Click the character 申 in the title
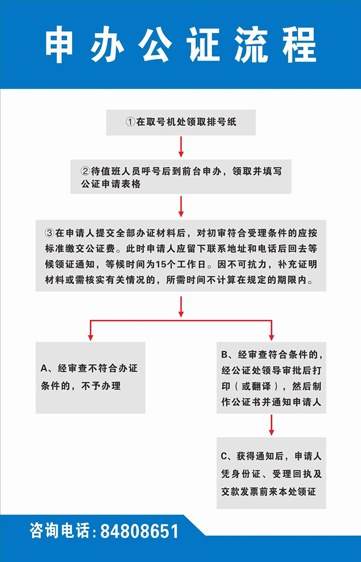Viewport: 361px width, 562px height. click(x=59, y=45)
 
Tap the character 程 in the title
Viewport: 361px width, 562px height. click(x=299, y=45)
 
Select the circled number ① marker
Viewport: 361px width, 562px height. click(x=130, y=122)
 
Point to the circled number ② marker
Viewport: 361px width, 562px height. click(x=85, y=171)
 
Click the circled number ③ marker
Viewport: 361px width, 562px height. click(x=49, y=233)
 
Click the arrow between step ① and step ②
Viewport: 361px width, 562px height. click(x=181, y=147)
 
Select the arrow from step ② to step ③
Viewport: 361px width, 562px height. click(x=181, y=207)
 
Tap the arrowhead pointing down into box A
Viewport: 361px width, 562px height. click(x=91, y=337)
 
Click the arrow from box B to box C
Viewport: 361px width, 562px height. click(x=271, y=425)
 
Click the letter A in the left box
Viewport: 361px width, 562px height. click(x=44, y=368)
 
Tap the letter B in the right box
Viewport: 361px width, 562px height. click(x=224, y=355)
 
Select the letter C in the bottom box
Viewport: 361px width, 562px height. click(x=224, y=456)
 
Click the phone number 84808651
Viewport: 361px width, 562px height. click(x=139, y=531)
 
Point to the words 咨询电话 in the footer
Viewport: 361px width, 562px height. click(x=60, y=531)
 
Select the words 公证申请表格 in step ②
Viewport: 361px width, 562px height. click(x=111, y=185)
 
